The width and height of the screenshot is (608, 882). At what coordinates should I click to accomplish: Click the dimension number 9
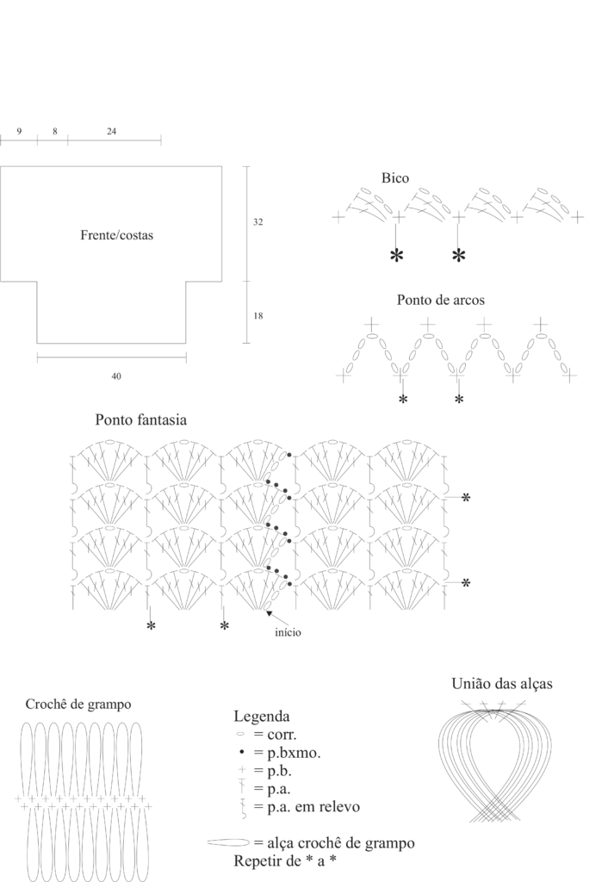click(19, 131)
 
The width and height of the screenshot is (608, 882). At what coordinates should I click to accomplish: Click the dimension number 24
click(111, 131)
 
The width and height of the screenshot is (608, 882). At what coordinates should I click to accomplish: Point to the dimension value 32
click(257, 222)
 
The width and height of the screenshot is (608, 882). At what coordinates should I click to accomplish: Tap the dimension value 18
click(257, 316)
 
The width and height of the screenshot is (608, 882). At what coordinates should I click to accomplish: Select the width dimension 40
click(115, 376)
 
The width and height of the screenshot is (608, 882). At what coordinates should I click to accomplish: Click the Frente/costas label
click(116, 234)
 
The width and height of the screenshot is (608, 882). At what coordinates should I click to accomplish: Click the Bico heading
click(395, 178)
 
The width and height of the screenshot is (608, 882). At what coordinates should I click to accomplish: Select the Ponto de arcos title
click(440, 301)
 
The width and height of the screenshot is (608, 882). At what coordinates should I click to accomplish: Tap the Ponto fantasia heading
click(141, 420)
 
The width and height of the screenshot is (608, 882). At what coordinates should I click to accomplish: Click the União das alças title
click(501, 684)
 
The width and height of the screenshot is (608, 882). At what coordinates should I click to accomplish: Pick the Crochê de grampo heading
click(78, 704)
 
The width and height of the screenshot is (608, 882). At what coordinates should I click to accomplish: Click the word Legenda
click(262, 717)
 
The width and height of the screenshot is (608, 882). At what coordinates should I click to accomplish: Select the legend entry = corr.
click(275, 736)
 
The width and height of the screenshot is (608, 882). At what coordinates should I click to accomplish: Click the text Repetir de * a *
click(283, 861)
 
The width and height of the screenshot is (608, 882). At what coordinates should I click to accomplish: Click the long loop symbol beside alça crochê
click(227, 843)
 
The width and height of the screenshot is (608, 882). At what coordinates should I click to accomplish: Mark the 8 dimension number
click(54, 131)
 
